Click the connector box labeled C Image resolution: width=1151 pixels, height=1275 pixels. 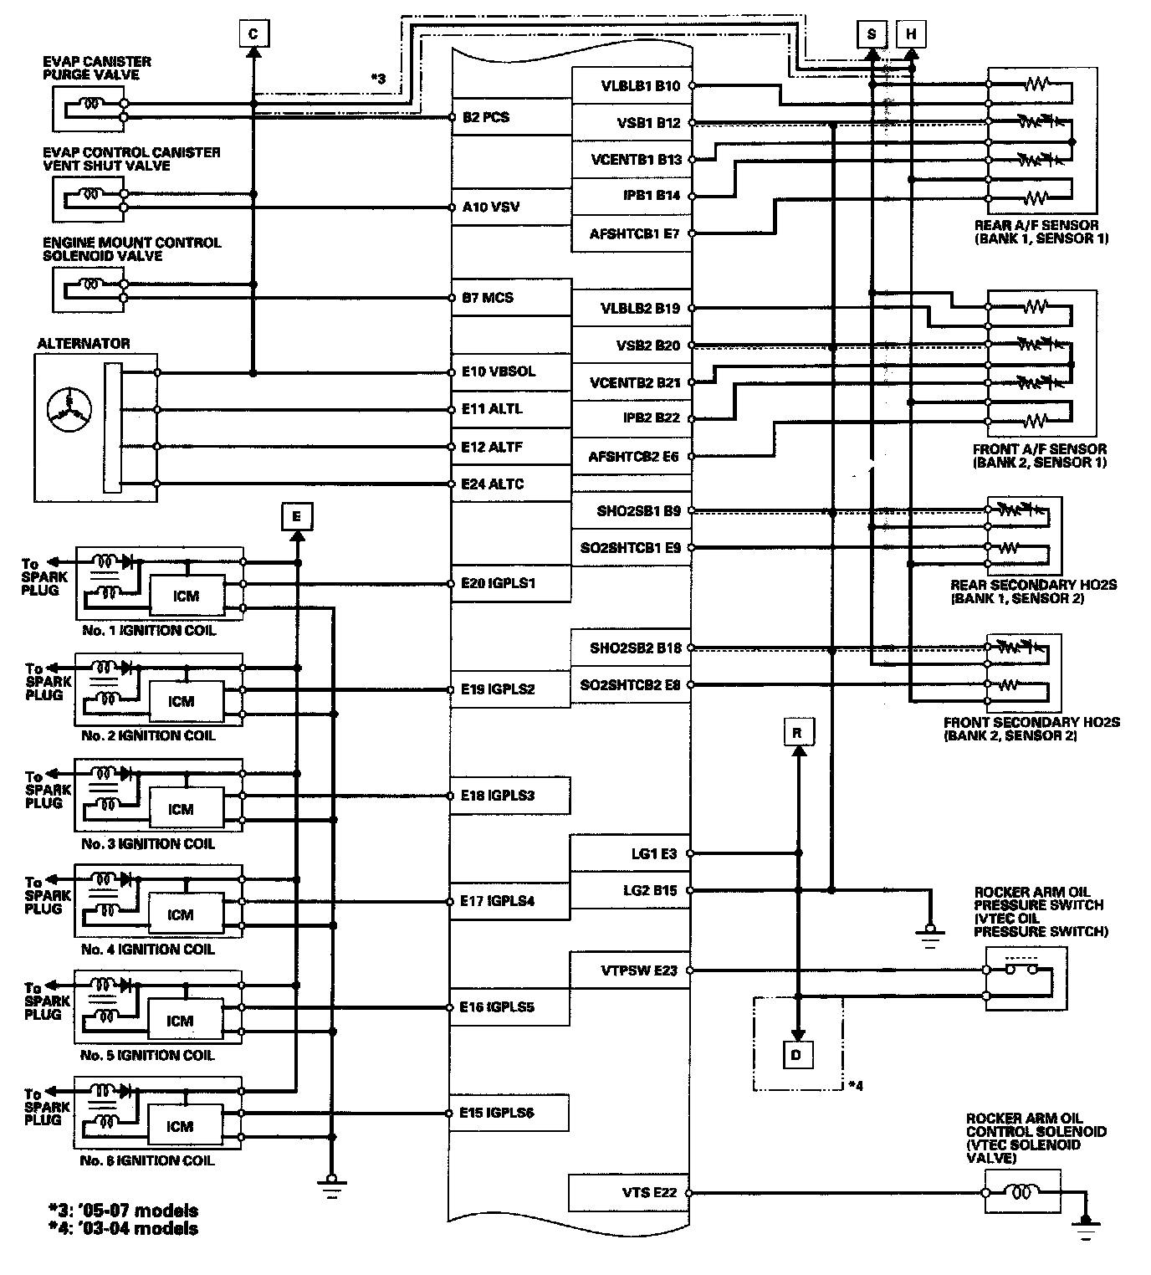(x=253, y=33)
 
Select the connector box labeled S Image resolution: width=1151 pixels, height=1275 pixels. (x=872, y=33)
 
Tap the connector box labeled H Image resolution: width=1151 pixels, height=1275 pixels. (x=911, y=33)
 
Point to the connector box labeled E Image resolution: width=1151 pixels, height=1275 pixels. (x=297, y=516)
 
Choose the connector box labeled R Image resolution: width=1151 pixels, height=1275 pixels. (x=797, y=733)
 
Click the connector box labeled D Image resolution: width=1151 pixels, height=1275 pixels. (x=796, y=1054)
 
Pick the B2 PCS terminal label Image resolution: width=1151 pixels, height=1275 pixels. (x=486, y=117)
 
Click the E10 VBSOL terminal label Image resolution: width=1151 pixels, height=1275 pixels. (x=499, y=371)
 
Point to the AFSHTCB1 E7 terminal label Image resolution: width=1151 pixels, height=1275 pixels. (x=634, y=233)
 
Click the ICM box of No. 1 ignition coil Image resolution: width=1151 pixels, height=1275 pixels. (x=186, y=596)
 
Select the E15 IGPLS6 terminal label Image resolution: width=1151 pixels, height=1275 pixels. (x=497, y=1113)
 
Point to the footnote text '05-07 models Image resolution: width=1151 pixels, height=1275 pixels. (x=124, y=1211)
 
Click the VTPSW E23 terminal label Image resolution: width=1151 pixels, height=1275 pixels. (x=639, y=970)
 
